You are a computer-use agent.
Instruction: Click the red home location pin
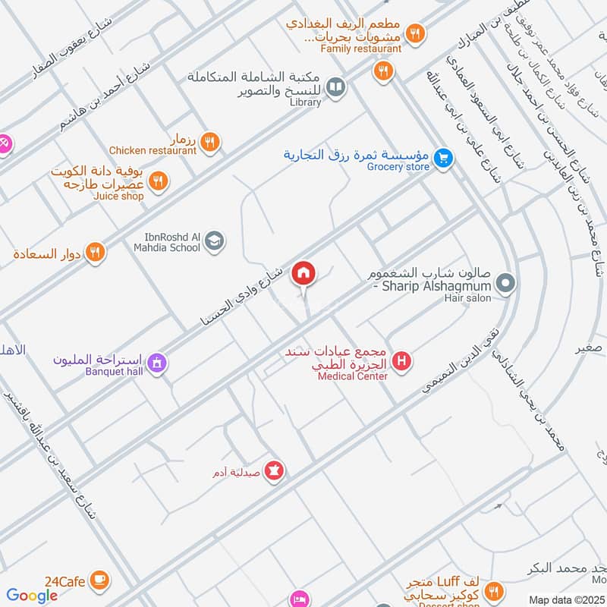click(304, 273)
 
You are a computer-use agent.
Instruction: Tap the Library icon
click(335, 86)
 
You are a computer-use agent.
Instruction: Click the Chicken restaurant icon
click(211, 140)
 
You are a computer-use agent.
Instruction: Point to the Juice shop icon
click(158, 181)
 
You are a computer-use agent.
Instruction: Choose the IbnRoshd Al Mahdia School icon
click(215, 241)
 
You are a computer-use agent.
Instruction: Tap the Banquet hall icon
click(157, 363)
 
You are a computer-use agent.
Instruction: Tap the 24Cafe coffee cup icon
click(99, 580)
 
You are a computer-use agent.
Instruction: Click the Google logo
click(32, 596)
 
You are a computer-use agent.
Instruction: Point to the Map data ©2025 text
click(565, 599)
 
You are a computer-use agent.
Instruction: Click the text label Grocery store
click(398, 167)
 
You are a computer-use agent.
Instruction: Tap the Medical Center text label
click(353, 376)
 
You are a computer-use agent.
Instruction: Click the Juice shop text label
click(118, 196)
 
